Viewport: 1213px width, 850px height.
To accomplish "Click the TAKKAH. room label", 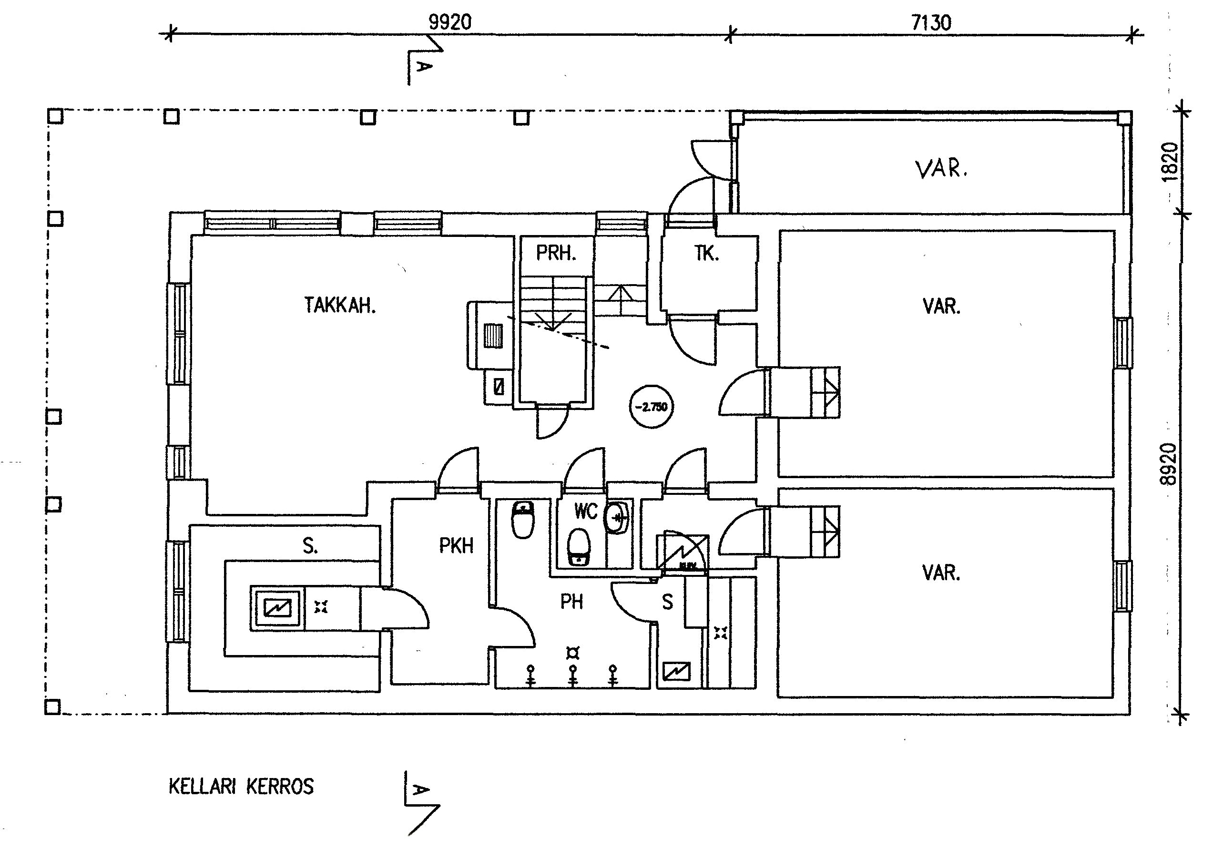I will tap(340, 306).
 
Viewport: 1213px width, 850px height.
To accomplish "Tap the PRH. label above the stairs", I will tap(556, 254).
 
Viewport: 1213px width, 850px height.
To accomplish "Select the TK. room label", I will tap(706, 254).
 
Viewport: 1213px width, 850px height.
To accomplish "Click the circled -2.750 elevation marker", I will tap(652, 407).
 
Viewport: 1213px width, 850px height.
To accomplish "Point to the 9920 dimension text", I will tap(449, 23).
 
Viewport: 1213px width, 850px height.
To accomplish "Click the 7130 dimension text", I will tap(931, 23).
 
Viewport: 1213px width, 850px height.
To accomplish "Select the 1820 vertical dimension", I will tap(1170, 162).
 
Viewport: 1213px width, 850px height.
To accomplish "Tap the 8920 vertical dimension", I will tap(1170, 464).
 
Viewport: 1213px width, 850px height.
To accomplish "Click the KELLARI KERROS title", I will tap(241, 787).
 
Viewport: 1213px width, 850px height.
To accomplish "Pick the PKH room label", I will tap(456, 546).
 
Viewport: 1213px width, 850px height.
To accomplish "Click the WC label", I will tap(585, 512).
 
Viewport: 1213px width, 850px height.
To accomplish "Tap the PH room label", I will tap(571, 601).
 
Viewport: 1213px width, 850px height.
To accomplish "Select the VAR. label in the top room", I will tap(940, 169).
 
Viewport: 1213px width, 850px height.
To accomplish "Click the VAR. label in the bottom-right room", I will tap(941, 573).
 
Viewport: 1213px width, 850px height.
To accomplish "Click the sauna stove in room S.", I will tap(277, 608).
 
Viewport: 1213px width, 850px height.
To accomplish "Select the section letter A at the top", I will tap(424, 66).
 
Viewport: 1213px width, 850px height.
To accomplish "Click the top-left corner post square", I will tap(55, 116).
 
